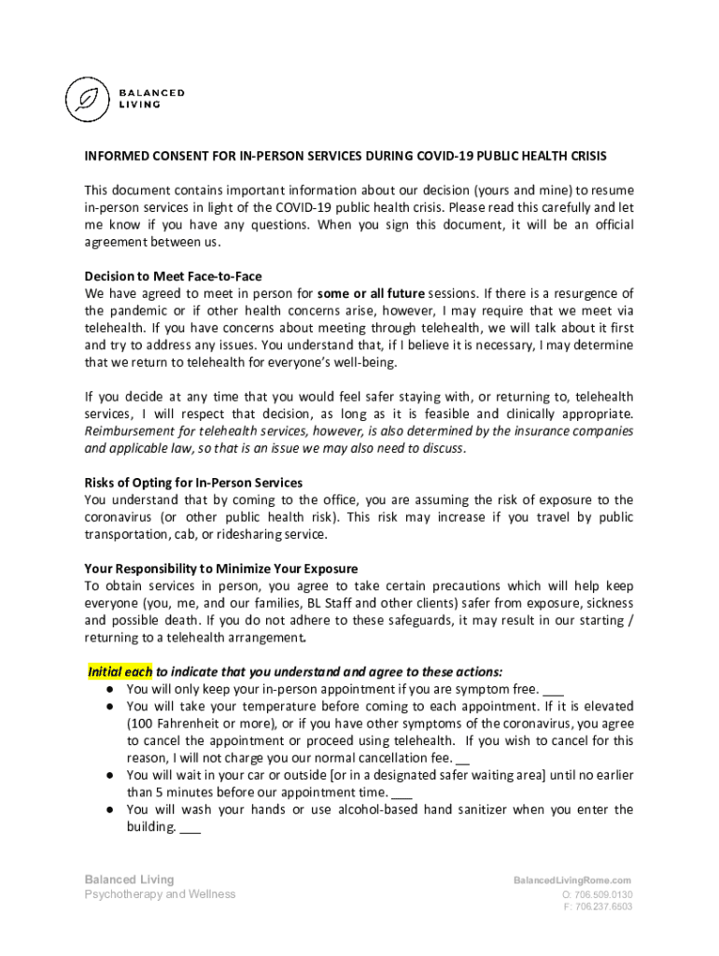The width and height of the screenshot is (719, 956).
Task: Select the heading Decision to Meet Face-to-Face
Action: coord(173,276)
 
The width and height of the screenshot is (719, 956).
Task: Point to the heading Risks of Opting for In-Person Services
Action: coord(193,483)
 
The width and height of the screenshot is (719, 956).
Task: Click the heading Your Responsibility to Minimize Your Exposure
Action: coord(220,569)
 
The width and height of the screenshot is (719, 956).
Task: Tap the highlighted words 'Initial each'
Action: coord(120,671)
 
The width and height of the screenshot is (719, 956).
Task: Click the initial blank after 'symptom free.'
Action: coord(553,689)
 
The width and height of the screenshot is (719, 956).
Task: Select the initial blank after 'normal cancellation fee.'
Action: coord(463,758)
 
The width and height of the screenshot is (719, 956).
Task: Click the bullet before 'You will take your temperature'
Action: coord(109,707)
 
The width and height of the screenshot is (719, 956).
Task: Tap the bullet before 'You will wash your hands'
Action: coord(109,810)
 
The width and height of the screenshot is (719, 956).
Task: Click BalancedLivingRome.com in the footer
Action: coord(572,880)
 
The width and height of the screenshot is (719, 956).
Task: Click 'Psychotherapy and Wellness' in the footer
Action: coord(160,894)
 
